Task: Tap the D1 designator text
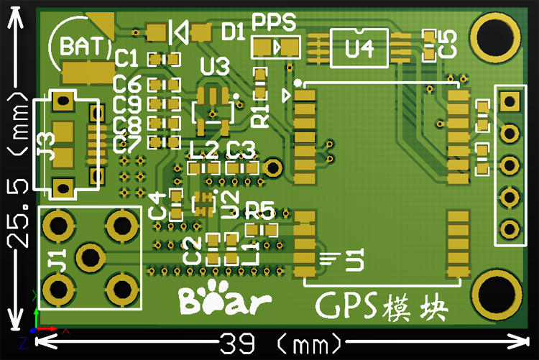coord(234,31)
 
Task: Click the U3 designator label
coord(215,68)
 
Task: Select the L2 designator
coord(203,150)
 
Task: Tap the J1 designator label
coord(57,256)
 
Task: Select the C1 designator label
coord(127,58)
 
